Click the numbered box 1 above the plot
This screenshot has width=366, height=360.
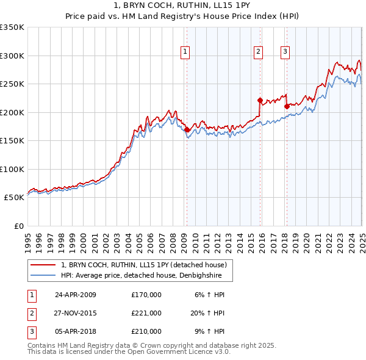tap(184, 52)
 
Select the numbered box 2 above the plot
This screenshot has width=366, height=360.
tap(259, 52)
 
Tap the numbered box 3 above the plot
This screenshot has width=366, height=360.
tap(285, 52)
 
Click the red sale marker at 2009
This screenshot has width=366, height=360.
tap(187, 129)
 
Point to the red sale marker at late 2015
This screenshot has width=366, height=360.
tap(260, 100)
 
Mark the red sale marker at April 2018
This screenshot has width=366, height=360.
tap(287, 106)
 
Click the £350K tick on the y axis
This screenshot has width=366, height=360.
tap(12, 27)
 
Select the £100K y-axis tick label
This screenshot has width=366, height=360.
tap(12, 169)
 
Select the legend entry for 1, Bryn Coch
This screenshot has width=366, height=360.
tap(144, 265)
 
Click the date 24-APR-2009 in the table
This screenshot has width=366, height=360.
tap(76, 295)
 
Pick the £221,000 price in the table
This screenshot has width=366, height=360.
tap(146, 313)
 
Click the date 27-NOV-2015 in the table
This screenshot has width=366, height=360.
tap(76, 313)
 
